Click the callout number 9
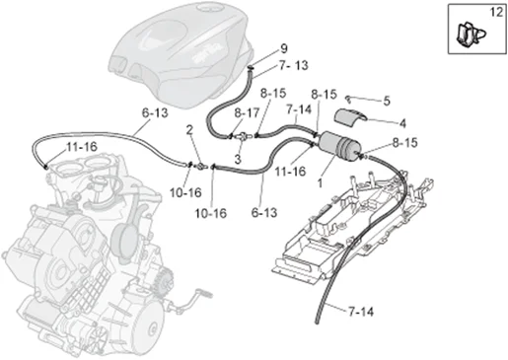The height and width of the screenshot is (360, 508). pyautogui.click(x=284, y=49)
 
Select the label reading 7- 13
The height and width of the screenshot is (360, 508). pyautogui.click(x=294, y=65)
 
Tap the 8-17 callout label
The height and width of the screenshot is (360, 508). pyautogui.click(x=247, y=113)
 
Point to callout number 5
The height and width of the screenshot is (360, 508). pyautogui.click(x=387, y=101)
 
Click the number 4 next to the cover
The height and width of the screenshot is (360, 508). pyautogui.click(x=402, y=123)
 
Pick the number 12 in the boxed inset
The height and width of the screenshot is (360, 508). pyautogui.click(x=496, y=12)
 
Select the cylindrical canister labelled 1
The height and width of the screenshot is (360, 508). pyautogui.click(x=339, y=147)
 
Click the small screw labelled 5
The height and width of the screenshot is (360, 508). pyautogui.click(x=347, y=98)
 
